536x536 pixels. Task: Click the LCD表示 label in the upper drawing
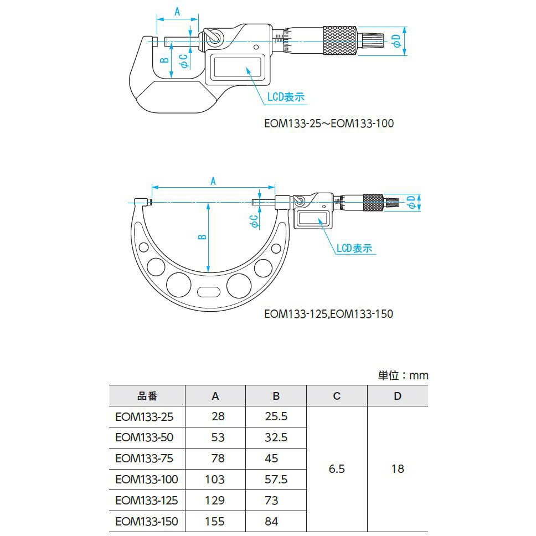[286, 97]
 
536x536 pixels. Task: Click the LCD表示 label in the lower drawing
[354, 248]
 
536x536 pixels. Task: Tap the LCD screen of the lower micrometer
[313, 218]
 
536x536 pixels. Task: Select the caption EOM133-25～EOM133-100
[329, 123]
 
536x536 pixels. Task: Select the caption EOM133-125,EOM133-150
[328, 314]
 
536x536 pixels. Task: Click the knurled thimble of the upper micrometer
[339, 40]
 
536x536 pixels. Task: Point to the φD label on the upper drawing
[396, 40]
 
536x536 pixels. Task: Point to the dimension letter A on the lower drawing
[213, 181]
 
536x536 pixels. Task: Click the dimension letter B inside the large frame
[202, 236]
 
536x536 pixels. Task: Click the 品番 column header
[147, 396]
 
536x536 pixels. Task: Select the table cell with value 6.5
[337, 469]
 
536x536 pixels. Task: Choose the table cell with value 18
[398, 469]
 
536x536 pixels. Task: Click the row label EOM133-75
[144, 458]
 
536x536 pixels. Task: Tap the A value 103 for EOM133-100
[215, 480]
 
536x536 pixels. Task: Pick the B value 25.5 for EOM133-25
[276, 416]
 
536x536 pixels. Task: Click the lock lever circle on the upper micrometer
[214, 38]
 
